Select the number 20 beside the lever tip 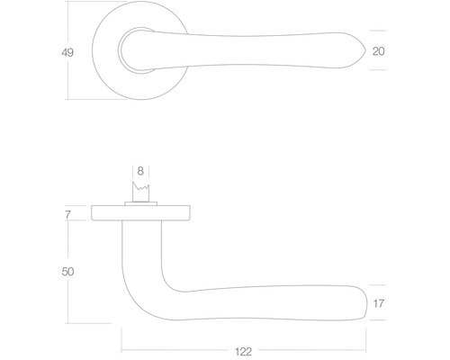(379, 52)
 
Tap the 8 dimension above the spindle (140, 170)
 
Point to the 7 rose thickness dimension (67, 213)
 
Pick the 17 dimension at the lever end (379, 303)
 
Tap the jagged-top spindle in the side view (140, 193)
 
